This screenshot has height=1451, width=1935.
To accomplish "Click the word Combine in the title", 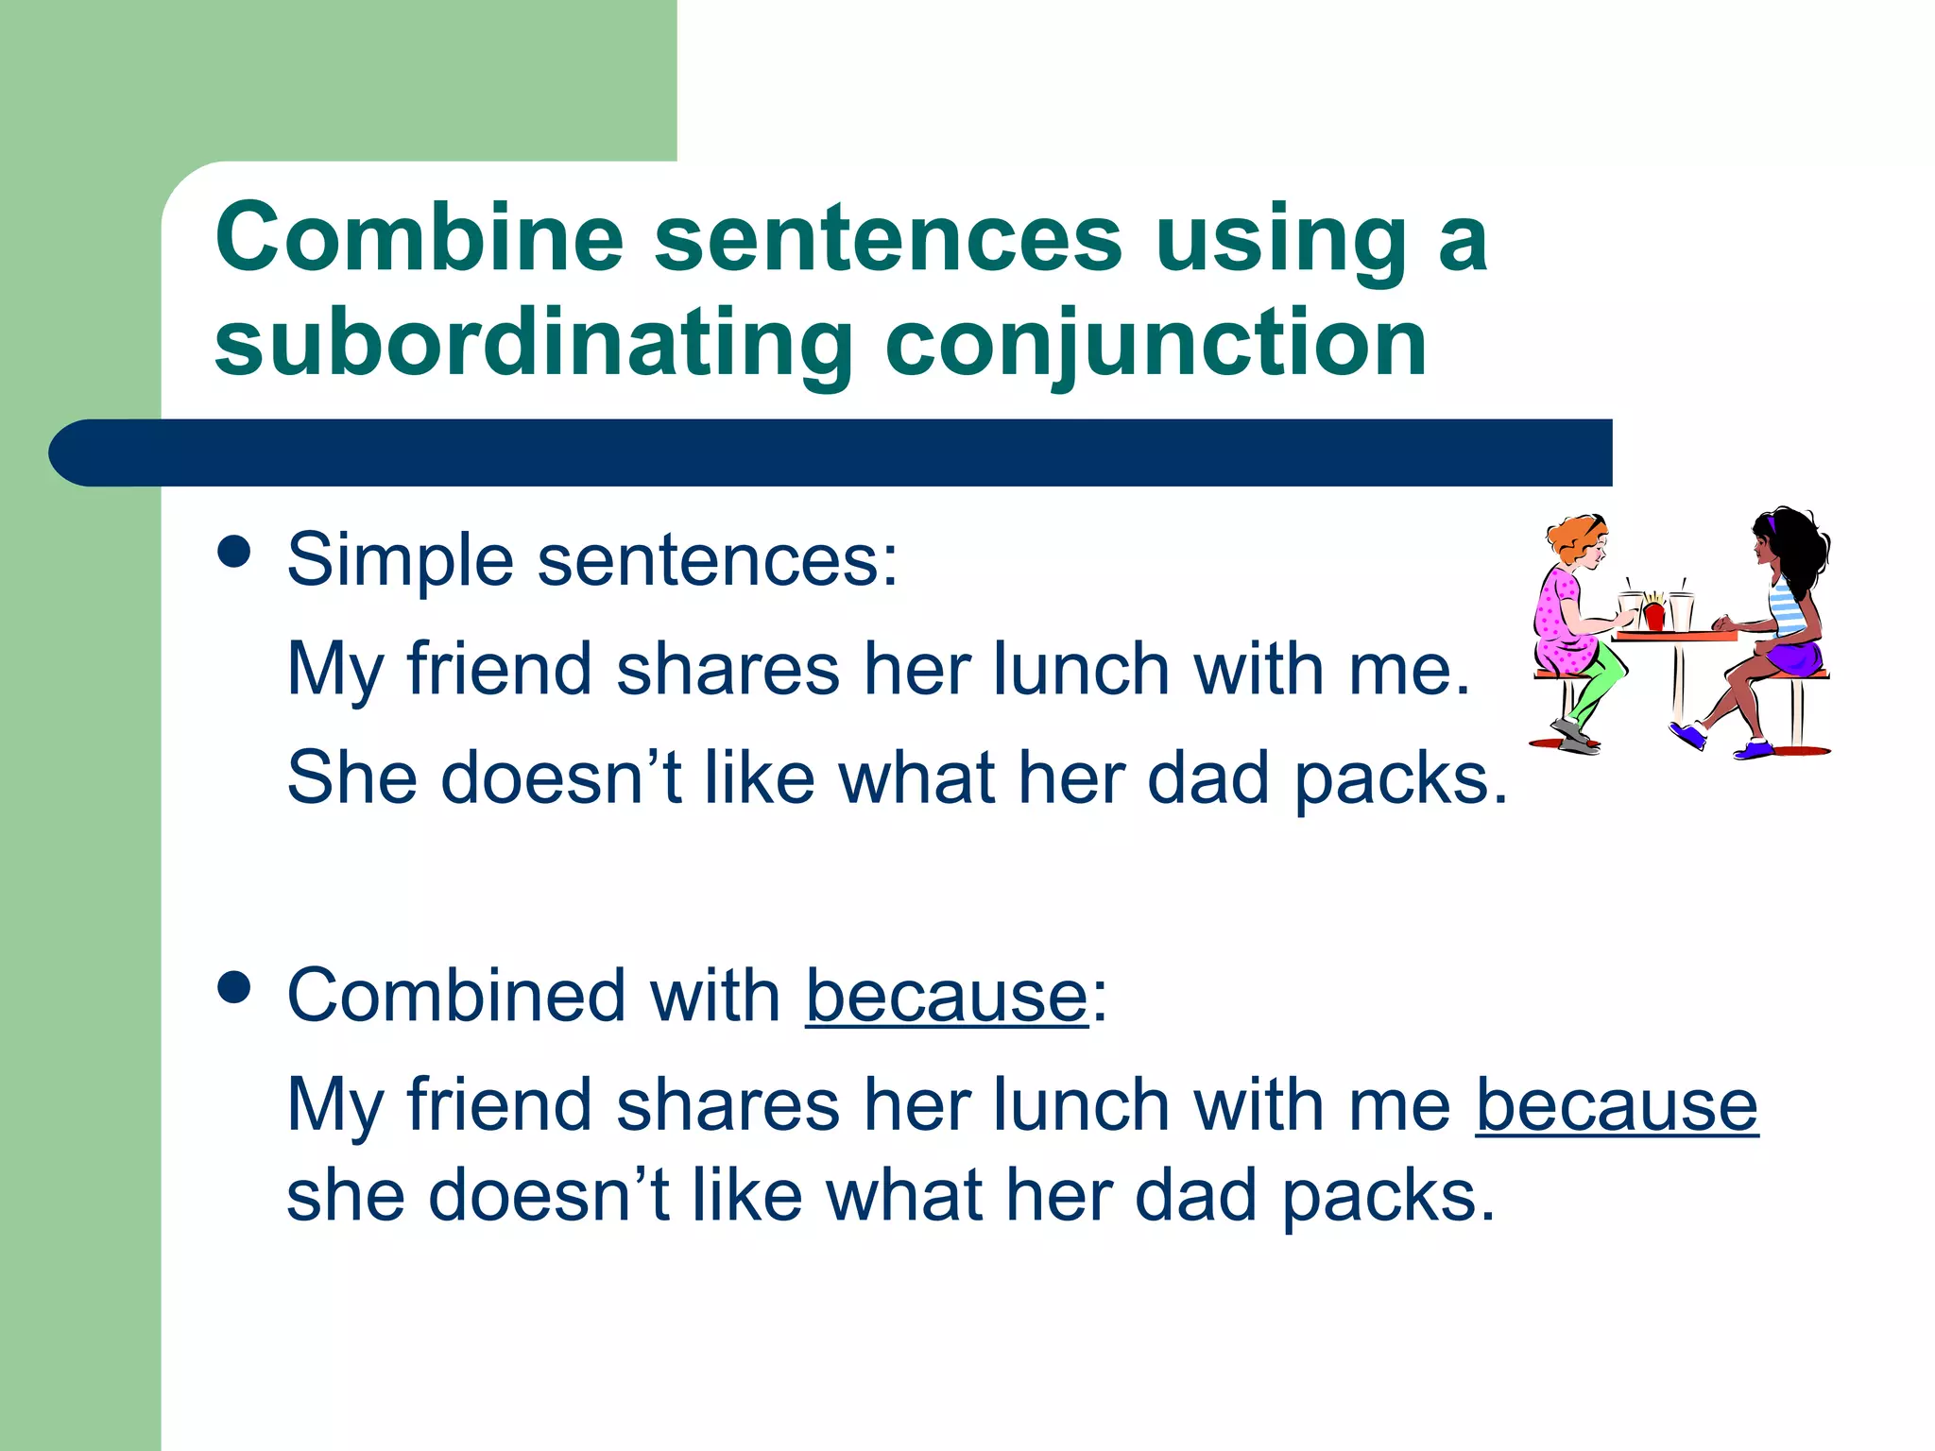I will [420, 237].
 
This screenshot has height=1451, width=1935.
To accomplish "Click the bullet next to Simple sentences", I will [233, 552].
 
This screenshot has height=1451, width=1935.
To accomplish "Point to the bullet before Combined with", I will [233, 987].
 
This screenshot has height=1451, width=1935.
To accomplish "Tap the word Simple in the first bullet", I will [401, 560].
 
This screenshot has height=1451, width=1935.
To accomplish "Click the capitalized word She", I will [351, 777].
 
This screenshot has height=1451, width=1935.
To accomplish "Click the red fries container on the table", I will [1653, 616].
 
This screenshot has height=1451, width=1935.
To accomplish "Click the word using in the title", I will [1280, 237].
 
